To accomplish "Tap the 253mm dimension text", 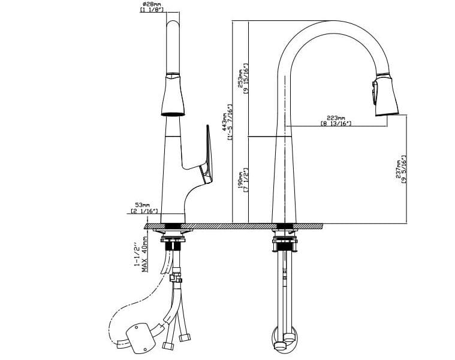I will (240, 75).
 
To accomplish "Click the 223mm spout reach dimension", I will (336, 118).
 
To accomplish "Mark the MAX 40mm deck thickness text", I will (145, 255).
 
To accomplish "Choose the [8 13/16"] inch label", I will (336, 124).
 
